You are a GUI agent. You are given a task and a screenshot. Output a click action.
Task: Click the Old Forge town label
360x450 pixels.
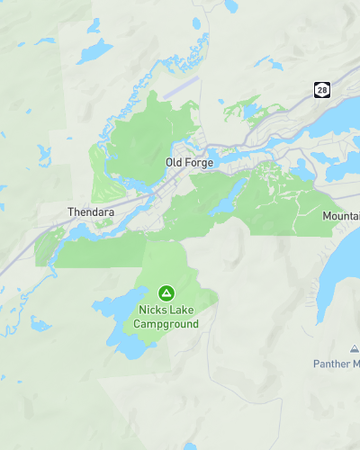click(x=188, y=161)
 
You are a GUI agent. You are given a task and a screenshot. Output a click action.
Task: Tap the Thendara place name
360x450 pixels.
click(x=92, y=212)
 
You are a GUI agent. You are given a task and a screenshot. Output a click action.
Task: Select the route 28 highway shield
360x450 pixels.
click(x=321, y=90)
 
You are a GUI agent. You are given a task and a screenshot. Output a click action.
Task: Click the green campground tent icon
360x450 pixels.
click(x=166, y=293)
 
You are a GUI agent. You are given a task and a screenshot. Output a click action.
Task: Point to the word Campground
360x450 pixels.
click(x=166, y=324)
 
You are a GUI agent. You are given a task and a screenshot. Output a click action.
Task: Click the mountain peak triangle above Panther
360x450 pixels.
click(x=354, y=349)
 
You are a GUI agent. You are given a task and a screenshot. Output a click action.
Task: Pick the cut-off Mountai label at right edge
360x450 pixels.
click(x=340, y=216)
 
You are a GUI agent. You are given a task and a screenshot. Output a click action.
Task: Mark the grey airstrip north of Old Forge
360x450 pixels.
click(x=181, y=88)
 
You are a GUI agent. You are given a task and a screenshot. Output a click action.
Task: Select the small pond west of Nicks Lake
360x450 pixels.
click(x=40, y=323)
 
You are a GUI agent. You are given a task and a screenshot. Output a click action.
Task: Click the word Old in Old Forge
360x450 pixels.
click(x=173, y=161)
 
